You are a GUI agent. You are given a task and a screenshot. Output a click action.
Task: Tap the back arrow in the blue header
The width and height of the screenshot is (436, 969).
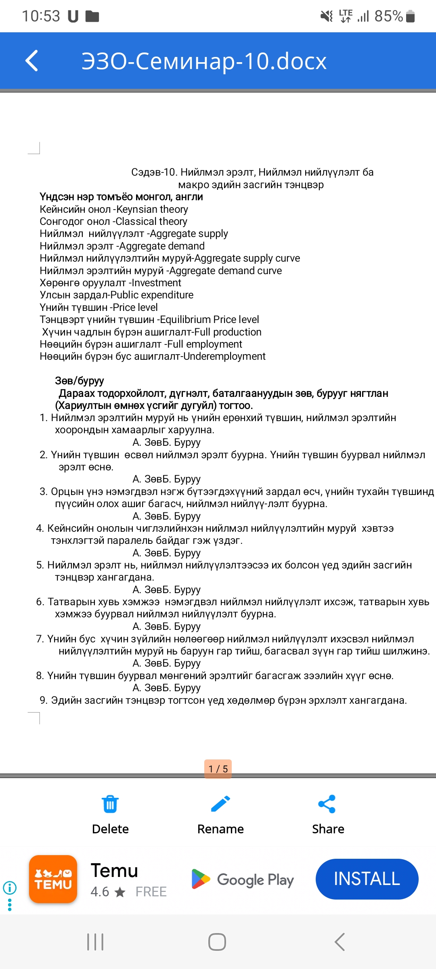tap(32, 61)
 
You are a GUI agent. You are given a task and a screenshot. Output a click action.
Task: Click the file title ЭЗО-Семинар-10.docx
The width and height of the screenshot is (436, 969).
tap(204, 61)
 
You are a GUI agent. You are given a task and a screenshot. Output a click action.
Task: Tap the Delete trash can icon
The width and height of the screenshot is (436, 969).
tap(110, 804)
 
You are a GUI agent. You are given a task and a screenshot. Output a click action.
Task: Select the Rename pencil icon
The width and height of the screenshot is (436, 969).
tap(220, 804)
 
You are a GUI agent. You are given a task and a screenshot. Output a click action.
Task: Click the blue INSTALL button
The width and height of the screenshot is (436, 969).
tap(367, 879)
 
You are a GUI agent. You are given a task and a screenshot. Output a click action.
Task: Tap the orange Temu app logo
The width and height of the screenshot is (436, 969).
tap(53, 879)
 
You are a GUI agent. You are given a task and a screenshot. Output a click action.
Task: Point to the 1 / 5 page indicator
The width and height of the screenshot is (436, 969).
tap(218, 769)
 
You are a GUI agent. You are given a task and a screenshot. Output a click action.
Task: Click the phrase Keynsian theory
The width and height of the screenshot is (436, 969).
tap(152, 209)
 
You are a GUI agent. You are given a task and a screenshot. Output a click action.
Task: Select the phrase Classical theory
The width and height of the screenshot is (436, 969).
tap(151, 221)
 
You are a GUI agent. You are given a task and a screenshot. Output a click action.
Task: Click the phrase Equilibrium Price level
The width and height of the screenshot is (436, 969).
tap(210, 319)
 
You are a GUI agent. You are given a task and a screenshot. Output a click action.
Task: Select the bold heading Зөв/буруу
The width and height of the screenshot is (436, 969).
tap(80, 381)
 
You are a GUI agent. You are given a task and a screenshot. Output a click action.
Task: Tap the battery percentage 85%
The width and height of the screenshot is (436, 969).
tap(388, 16)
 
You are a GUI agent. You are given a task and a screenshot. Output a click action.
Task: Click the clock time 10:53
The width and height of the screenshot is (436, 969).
tap(41, 16)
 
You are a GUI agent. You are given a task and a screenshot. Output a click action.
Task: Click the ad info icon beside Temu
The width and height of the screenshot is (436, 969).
tap(10, 887)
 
